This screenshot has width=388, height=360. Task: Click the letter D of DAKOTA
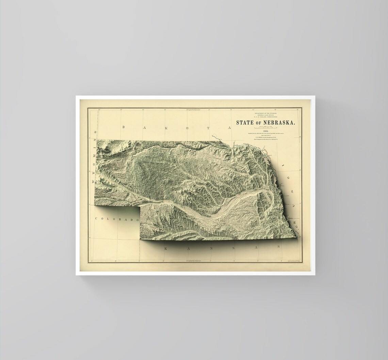(124, 127)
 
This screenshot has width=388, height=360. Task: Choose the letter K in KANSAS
(166, 249)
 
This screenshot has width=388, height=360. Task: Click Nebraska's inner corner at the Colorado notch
(140, 205)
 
